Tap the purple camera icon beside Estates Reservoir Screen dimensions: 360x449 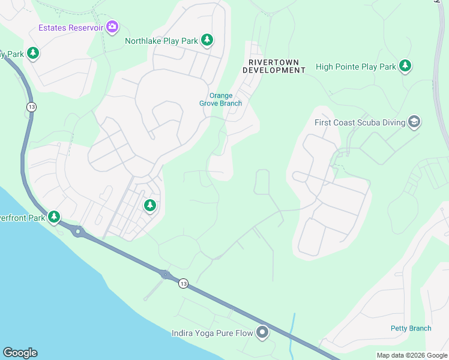(112, 26)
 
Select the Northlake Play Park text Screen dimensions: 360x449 (161, 41)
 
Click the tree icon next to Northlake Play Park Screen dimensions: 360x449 (207, 40)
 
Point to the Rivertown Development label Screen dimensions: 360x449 (274, 66)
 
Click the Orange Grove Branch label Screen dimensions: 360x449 (221, 100)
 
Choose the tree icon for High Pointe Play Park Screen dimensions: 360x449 (406, 65)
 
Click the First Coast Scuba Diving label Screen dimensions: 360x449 (360, 122)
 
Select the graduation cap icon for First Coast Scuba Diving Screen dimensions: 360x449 (414, 122)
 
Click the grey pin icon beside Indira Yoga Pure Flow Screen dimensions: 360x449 (262, 332)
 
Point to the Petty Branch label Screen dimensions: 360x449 (411, 328)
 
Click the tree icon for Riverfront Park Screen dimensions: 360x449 (54, 217)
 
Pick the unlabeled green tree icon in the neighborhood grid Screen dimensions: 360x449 (150, 206)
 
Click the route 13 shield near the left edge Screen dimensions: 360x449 (31, 107)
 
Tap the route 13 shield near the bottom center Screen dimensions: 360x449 (183, 283)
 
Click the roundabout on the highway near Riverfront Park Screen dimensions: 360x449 (77, 231)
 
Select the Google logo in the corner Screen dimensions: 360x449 (20, 353)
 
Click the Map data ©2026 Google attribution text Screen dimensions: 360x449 (412, 355)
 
